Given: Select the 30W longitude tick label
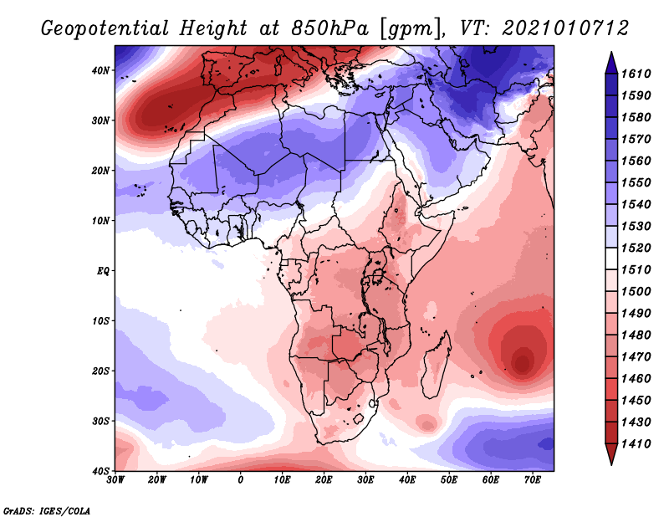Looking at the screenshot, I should click(x=115, y=481).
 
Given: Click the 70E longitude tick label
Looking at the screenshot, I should click(x=533, y=481).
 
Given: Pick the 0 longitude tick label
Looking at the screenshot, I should click(x=241, y=481).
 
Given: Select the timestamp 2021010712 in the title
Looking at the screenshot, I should click(x=565, y=28).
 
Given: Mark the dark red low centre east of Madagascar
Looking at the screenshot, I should click(x=522, y=362).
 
